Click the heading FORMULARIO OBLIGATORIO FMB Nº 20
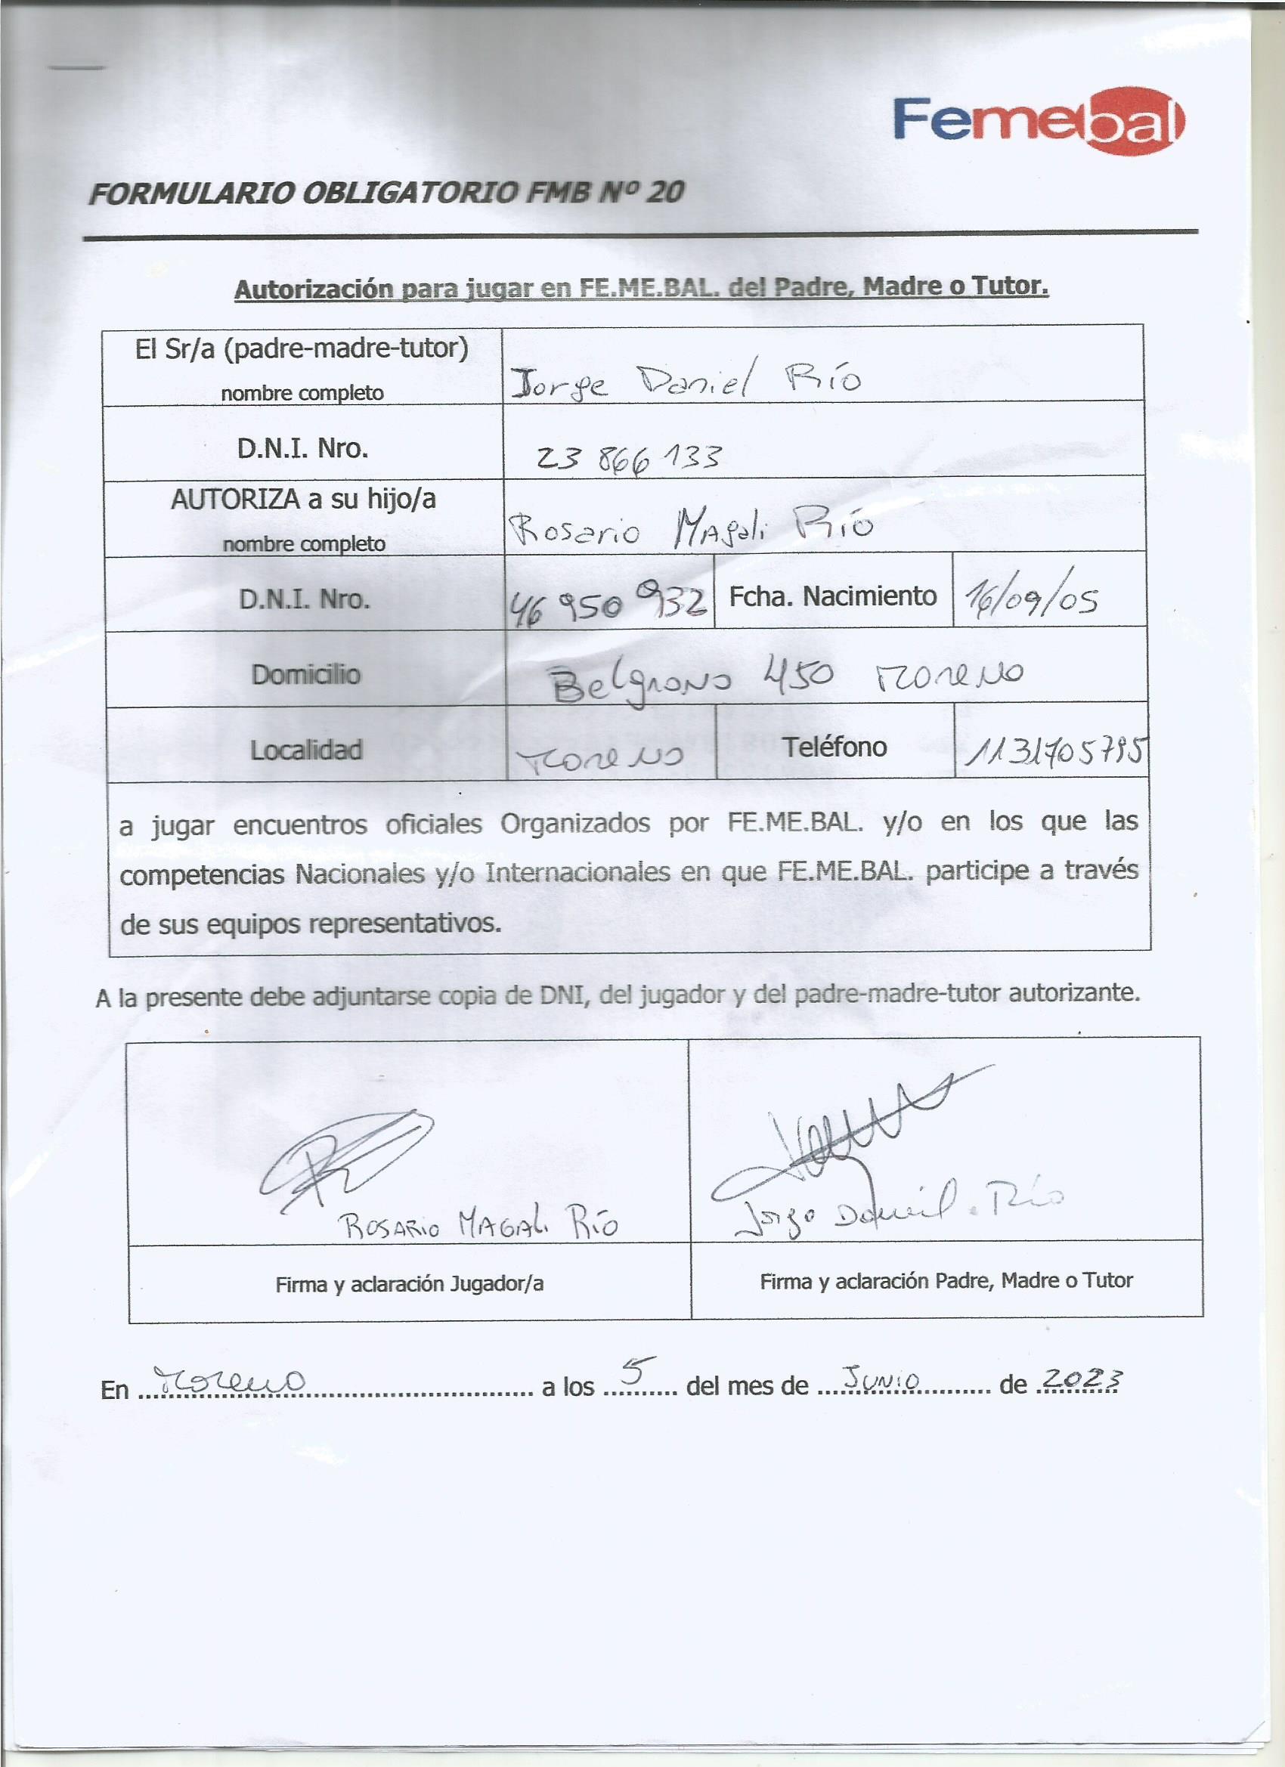(x=385, y=193)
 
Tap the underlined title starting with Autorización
(x=640, y=287)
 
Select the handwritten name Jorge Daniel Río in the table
(x=685, y=379)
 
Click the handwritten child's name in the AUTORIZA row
(x=689, y=528)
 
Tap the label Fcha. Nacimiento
(x=832, y=596)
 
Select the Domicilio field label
(x=305, y=674)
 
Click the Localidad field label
(x=305, y=750)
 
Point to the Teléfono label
(x=834, y=747)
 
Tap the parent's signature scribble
(x=841, y=1137)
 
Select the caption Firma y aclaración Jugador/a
(x=409, y=1284)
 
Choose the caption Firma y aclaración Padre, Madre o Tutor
(x=946, y=1280)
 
